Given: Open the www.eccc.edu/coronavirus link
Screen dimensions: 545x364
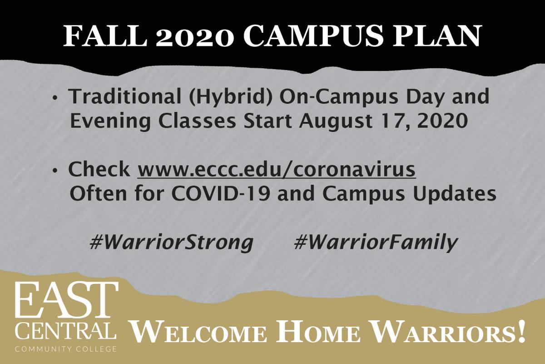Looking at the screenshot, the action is coord(277,169).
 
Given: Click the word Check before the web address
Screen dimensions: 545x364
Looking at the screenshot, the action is coord(99,169).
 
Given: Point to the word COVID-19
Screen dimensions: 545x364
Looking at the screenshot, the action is coord(221,194).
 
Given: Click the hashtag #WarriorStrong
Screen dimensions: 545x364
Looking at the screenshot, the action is coord(172,243).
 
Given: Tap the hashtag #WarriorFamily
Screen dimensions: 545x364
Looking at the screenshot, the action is coord(376,243).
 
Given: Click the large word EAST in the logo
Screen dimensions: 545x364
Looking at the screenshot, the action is coord(67,300).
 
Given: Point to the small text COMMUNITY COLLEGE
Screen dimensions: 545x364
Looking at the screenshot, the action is coord(66,349).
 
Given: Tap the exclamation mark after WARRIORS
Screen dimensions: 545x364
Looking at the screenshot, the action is coord(521,330).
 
